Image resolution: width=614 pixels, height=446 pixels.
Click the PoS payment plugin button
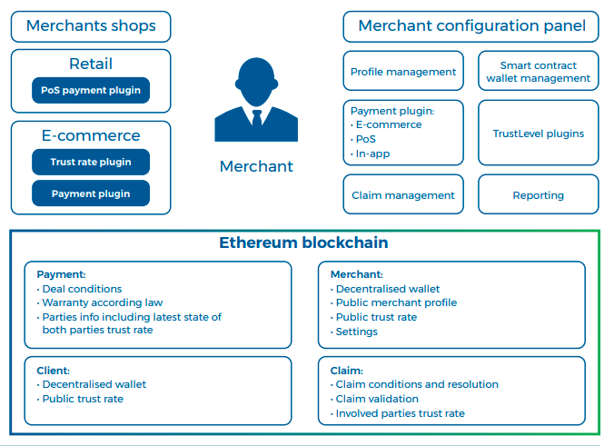pyautogui.click(x=91, y=91)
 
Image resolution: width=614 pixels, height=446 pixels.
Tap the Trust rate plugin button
pyautogui.click(x=91, y=162)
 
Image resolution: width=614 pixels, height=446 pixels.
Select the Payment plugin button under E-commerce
pyautogui.click(x=91, y=193)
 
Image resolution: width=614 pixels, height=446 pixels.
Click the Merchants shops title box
pyautogui.click(x=91, y=26)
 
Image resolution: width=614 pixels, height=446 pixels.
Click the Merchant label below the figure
pyautogui.click(x=256, y=166)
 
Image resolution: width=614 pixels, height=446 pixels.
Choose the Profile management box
pyautogui.click(x=403, y=71)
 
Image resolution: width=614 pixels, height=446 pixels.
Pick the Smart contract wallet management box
pyautogui.click(x=539, y=71)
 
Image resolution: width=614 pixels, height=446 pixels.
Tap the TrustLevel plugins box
pyautogui.click(x=539, y=133)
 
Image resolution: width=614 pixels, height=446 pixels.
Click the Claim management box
pyautogui.click(x=403, y=194)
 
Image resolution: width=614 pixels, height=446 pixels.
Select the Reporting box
pyautogui.click(x=539, y=194)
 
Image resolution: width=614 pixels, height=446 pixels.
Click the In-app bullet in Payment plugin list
pyautogui.click(x=371, y=154)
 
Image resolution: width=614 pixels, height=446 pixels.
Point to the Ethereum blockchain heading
pyautogui.click(x=303, y=243)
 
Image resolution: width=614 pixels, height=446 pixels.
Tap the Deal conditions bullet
pyautogui.click(x=80, y=289)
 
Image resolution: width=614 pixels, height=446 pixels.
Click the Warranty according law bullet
pyautogui.click(x=100, y=302)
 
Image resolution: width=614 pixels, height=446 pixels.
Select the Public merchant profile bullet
pyautogui.click(x=394, y=302)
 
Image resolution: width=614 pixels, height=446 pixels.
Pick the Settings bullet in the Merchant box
pyautogui.click(x=354, y=332)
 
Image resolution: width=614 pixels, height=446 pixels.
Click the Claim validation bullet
pyautogui.click(x=375, y=399)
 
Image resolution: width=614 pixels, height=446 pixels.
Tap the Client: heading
pyautogui.click(x=54, y=371)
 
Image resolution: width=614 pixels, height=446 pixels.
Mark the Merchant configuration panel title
pyautogui.click(x=472, y=25)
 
